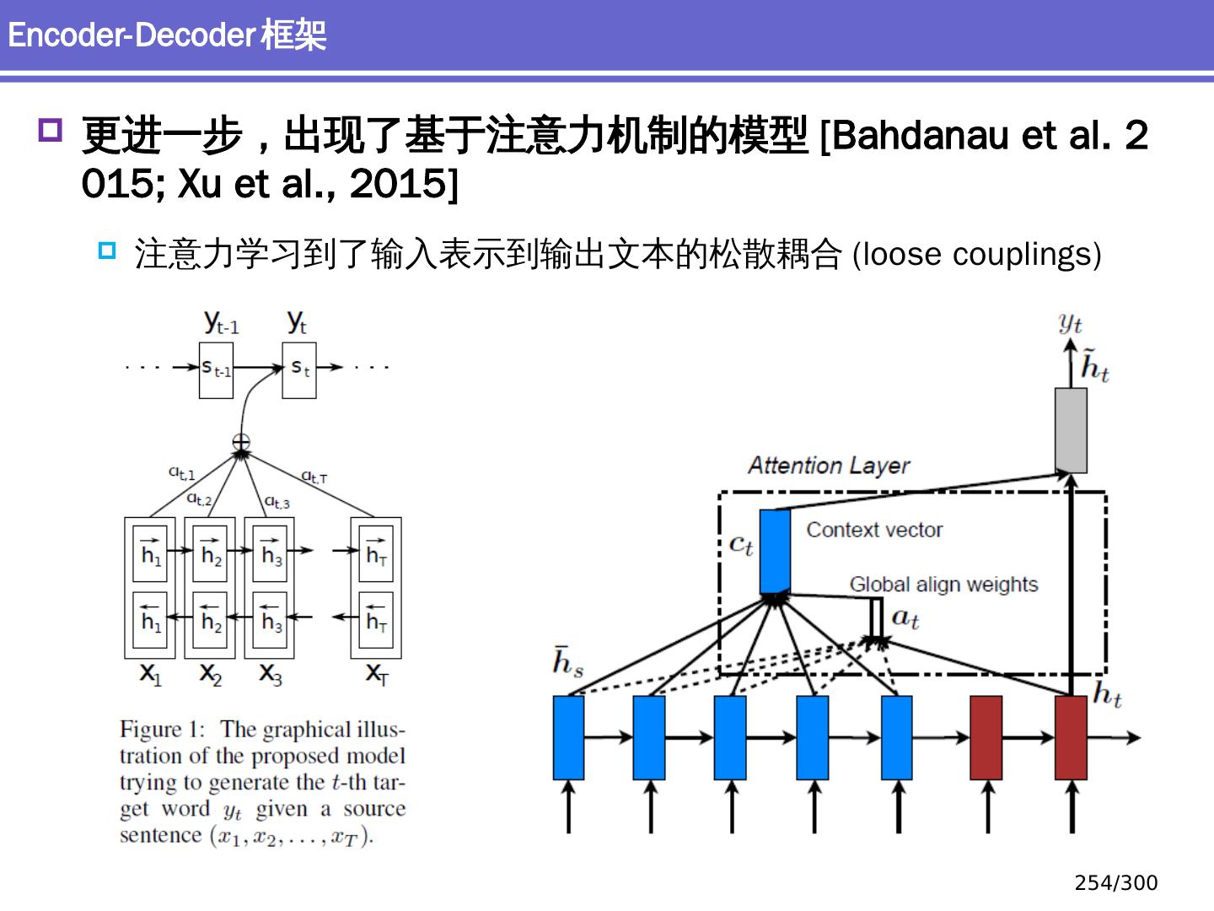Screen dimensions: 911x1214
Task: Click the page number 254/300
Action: point(1115,883)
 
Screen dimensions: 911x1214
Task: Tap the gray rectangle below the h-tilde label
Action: point(1071,430)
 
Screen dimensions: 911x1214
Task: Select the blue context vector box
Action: point(775,552)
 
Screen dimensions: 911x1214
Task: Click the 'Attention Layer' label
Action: point(829,466)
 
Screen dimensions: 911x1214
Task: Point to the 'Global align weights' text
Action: point(943,585)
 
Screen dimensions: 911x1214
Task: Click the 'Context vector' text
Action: point(874,530)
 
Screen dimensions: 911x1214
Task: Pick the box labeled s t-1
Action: point(216,369)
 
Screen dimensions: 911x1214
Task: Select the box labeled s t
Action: point(299,369)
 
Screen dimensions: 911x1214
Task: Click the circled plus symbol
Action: point(241,442)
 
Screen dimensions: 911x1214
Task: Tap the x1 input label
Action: point(149,674)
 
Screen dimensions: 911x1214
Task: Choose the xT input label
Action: point(376,674)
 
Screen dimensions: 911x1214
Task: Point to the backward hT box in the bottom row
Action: point(376,621)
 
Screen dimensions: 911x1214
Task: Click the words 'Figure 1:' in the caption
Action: point(163,730)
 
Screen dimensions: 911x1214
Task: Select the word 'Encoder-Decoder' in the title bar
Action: point(131,35)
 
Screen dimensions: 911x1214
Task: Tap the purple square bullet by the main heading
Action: point(51,131)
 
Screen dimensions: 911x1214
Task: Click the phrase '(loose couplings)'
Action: point(976,255)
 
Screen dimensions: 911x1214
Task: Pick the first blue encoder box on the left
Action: point(568,737)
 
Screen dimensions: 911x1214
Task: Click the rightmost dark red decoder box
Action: point(1071,737)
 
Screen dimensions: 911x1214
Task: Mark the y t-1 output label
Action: point(222,322)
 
